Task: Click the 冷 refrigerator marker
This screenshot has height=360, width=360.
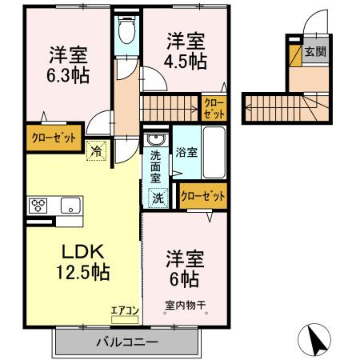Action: tap(96, 148)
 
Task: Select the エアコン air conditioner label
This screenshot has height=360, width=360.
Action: tap(125, 308)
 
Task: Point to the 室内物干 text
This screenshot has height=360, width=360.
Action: tap(185, 304)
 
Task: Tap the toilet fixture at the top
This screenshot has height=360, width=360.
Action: tap(126, 33)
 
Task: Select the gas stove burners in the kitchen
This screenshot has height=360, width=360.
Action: tap(38, 205)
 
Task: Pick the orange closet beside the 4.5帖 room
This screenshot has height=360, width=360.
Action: tap(214, 108)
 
